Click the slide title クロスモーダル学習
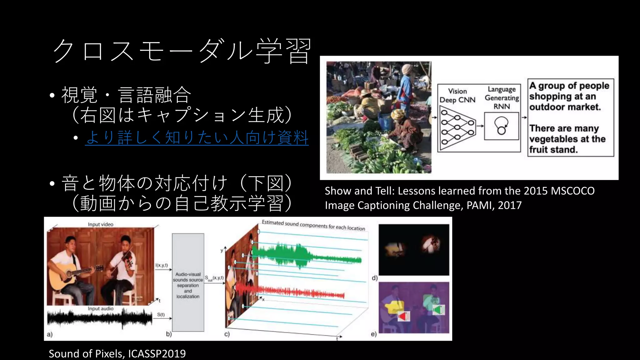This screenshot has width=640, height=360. coord(182,51)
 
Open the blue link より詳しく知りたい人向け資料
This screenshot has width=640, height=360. coord(197,137)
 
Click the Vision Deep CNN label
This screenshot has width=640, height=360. coord(457,96)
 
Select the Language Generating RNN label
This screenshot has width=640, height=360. coord(502,98)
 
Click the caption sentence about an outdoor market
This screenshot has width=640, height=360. coord(569,96)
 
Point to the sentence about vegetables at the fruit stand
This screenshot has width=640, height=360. coord(567,139)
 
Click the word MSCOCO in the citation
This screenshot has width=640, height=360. coord(572,191)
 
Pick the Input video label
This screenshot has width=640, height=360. coord(100,224)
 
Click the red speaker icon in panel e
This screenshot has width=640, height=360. coord(403,316)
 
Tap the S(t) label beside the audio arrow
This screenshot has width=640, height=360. coord(161,315)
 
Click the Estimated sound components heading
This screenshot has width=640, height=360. coord(313,225)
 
